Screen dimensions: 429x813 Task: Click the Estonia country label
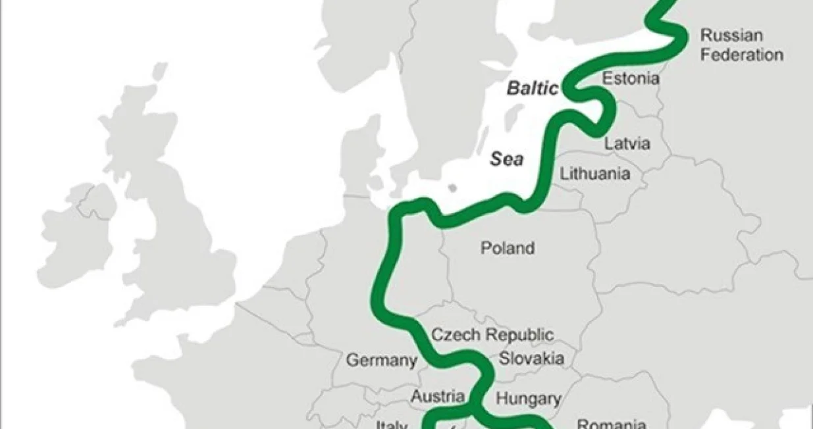point(631,78)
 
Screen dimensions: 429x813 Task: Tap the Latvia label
point(627,143)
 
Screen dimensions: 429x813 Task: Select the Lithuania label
point(594,174)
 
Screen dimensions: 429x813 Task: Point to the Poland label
point(507,248)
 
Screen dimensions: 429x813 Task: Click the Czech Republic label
point(492,334)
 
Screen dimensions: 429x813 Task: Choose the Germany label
point(382,360)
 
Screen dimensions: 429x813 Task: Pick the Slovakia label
point(531,359)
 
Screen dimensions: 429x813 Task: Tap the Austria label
point(438,396)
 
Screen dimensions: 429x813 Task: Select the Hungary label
point(528,398)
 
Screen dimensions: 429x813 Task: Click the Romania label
point(611,424)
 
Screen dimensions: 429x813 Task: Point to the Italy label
point(392,424)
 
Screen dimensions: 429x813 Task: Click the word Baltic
point(532,89)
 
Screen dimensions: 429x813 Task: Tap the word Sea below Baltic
point(506,159)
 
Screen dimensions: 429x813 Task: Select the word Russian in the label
point(731,34)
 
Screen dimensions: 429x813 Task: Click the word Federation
point(741,55)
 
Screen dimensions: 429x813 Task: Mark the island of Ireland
point(76,227)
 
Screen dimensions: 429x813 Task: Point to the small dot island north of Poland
point(452,188)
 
